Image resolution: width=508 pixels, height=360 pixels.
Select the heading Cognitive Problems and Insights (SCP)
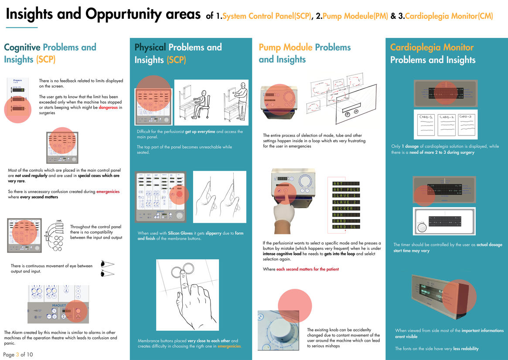pyautogui.click(x=50, y=53)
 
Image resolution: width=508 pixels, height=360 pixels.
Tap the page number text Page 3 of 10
pyautogui.click(x=18, y=354)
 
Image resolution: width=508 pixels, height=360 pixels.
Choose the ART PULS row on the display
pyautogui.click(x=346, y=190)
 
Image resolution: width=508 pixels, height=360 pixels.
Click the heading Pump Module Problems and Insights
pyautogui.click(x=304, y=53)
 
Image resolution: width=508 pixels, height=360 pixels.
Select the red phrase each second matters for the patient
pyautogui.click(x=307, y=269)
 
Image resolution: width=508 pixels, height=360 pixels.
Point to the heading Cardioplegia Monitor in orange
pyautogui.click(x=432, y=47)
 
